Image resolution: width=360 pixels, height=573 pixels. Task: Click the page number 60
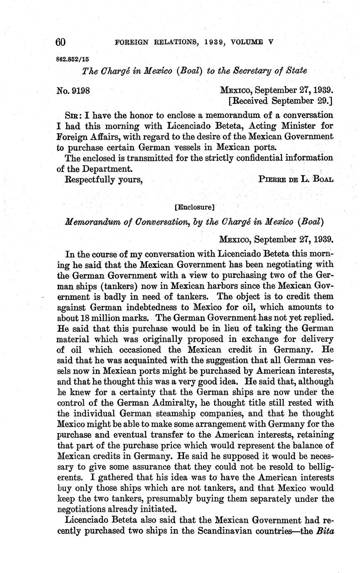coord(61,42)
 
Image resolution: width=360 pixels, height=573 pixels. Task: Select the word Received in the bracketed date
coord(250,100)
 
